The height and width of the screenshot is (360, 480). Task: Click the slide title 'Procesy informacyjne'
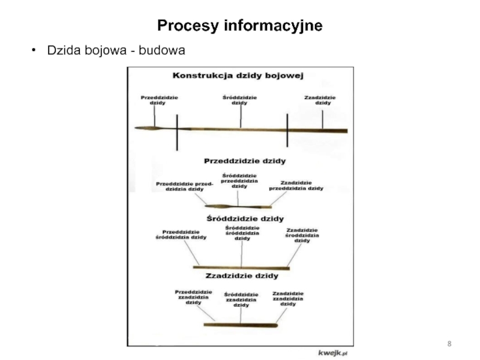pyautogui.click(x=239, y=26)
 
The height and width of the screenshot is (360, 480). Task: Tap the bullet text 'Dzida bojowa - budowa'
pyautogui.click(x=116, y=51)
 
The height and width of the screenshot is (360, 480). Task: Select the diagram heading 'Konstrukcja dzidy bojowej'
pyautogui.click(x=238, y=76)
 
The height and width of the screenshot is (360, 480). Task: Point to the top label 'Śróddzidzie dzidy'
pyautogui.click(x=239, y=100)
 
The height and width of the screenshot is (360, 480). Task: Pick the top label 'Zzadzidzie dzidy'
pyautogui.click(x=320, y=100)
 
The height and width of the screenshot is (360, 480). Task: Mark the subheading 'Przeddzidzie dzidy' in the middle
pyautogui.click(x=245, y=161)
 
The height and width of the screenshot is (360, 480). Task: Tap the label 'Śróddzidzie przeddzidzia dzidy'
pyautogui.click(x=239, y=181)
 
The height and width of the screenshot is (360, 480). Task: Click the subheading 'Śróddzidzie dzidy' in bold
pyautogui.click(x=245, y=218)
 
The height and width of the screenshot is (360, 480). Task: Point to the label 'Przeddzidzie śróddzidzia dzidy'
pyautogui.click(x=181, y=235)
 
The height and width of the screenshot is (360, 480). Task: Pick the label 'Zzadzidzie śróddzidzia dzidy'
pyautogui.click(x=302, y=235)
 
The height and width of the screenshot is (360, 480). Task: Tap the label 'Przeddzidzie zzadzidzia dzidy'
pyautogui.click(x=193, y=296)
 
